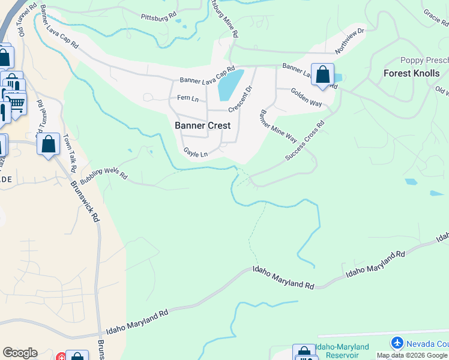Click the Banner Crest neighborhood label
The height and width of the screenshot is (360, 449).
click(202, 125)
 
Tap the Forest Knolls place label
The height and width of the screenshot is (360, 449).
click(411, 73)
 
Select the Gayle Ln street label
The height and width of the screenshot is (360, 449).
click(195, 152)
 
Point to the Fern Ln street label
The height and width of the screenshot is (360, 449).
click(187, 98)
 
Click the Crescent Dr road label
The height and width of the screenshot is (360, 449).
click(240, 98)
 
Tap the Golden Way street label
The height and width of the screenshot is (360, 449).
click(306, 97)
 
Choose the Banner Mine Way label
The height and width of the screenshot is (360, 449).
click(278, 126)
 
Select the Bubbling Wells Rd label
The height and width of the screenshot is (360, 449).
click(104, 169)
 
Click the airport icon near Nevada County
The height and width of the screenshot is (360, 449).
click(397, 343)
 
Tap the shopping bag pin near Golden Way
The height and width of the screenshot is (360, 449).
click(322, 74)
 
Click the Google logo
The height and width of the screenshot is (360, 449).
click(20, 353)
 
